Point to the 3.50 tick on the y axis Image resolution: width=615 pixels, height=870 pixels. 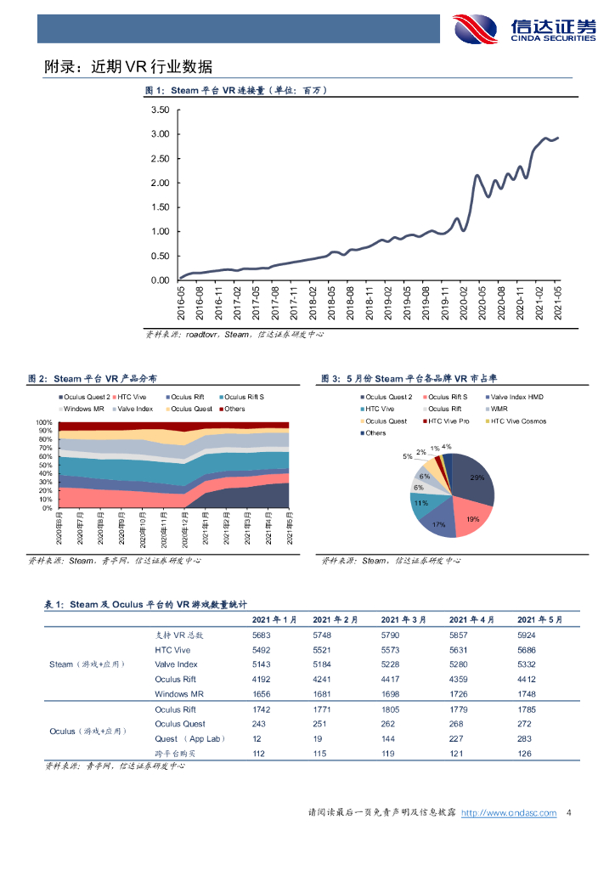tap(160, 110)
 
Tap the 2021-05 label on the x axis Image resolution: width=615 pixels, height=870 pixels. tap(557, 302)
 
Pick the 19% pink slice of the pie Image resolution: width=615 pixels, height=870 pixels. tap(469, 517)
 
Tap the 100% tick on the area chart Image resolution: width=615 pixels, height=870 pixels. tap(44, 421)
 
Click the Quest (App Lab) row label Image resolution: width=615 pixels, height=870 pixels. tap(189, 739)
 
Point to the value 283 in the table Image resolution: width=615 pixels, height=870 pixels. tap(525, 739)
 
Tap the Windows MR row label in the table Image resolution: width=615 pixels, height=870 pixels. tap(179, 694)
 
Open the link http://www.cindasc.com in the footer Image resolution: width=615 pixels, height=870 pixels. tap(508, 813)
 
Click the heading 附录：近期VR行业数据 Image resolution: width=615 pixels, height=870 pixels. tap(128, 67)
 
